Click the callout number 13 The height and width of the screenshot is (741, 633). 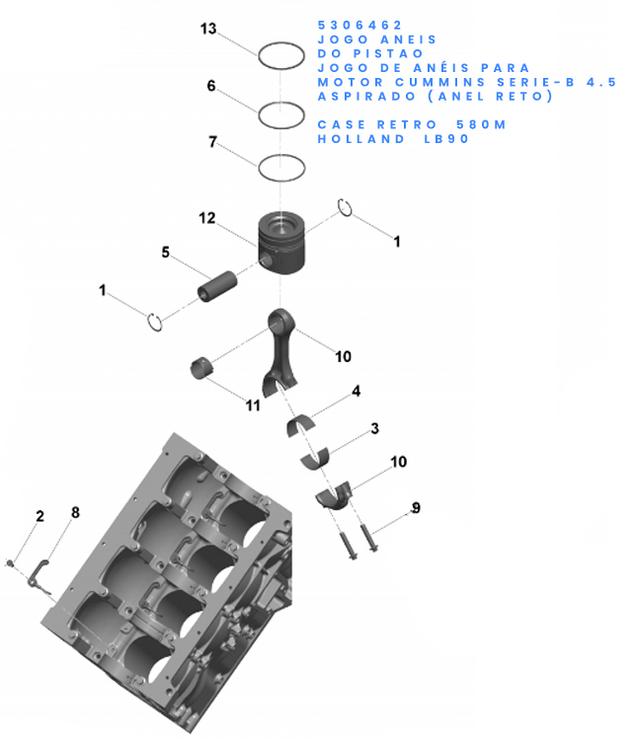[x=208, y=29]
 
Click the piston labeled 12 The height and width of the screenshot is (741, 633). [x=281, y=241]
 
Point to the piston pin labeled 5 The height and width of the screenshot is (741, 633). [x=217, y=286]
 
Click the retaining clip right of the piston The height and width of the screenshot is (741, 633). [x=345, y=208]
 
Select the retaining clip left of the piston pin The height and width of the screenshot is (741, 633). [x=155, y=323]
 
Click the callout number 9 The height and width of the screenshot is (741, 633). [x=416, y=508]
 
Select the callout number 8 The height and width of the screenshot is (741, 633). [x=75, y=512]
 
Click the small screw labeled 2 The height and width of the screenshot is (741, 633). [x=11, y=562]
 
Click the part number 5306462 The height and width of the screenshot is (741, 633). [x=359, y=25]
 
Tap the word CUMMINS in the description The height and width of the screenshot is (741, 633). [x=440, y=82]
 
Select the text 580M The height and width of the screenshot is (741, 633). [x=481, y=124]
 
